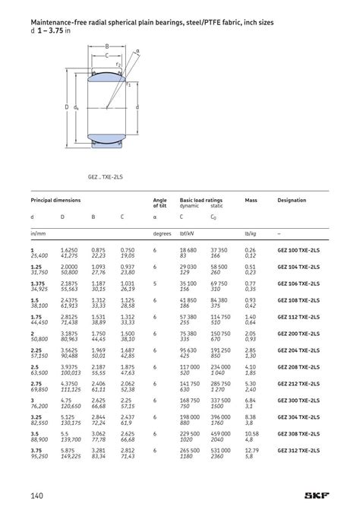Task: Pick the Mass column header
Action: [251, 200]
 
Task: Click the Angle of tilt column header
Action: [160, 203]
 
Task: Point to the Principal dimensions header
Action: [55, 200]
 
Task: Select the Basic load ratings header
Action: [201, 200]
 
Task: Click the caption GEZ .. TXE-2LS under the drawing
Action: [105, 176]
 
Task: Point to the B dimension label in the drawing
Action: [107, 47]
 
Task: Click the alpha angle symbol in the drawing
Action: [137, 51]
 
